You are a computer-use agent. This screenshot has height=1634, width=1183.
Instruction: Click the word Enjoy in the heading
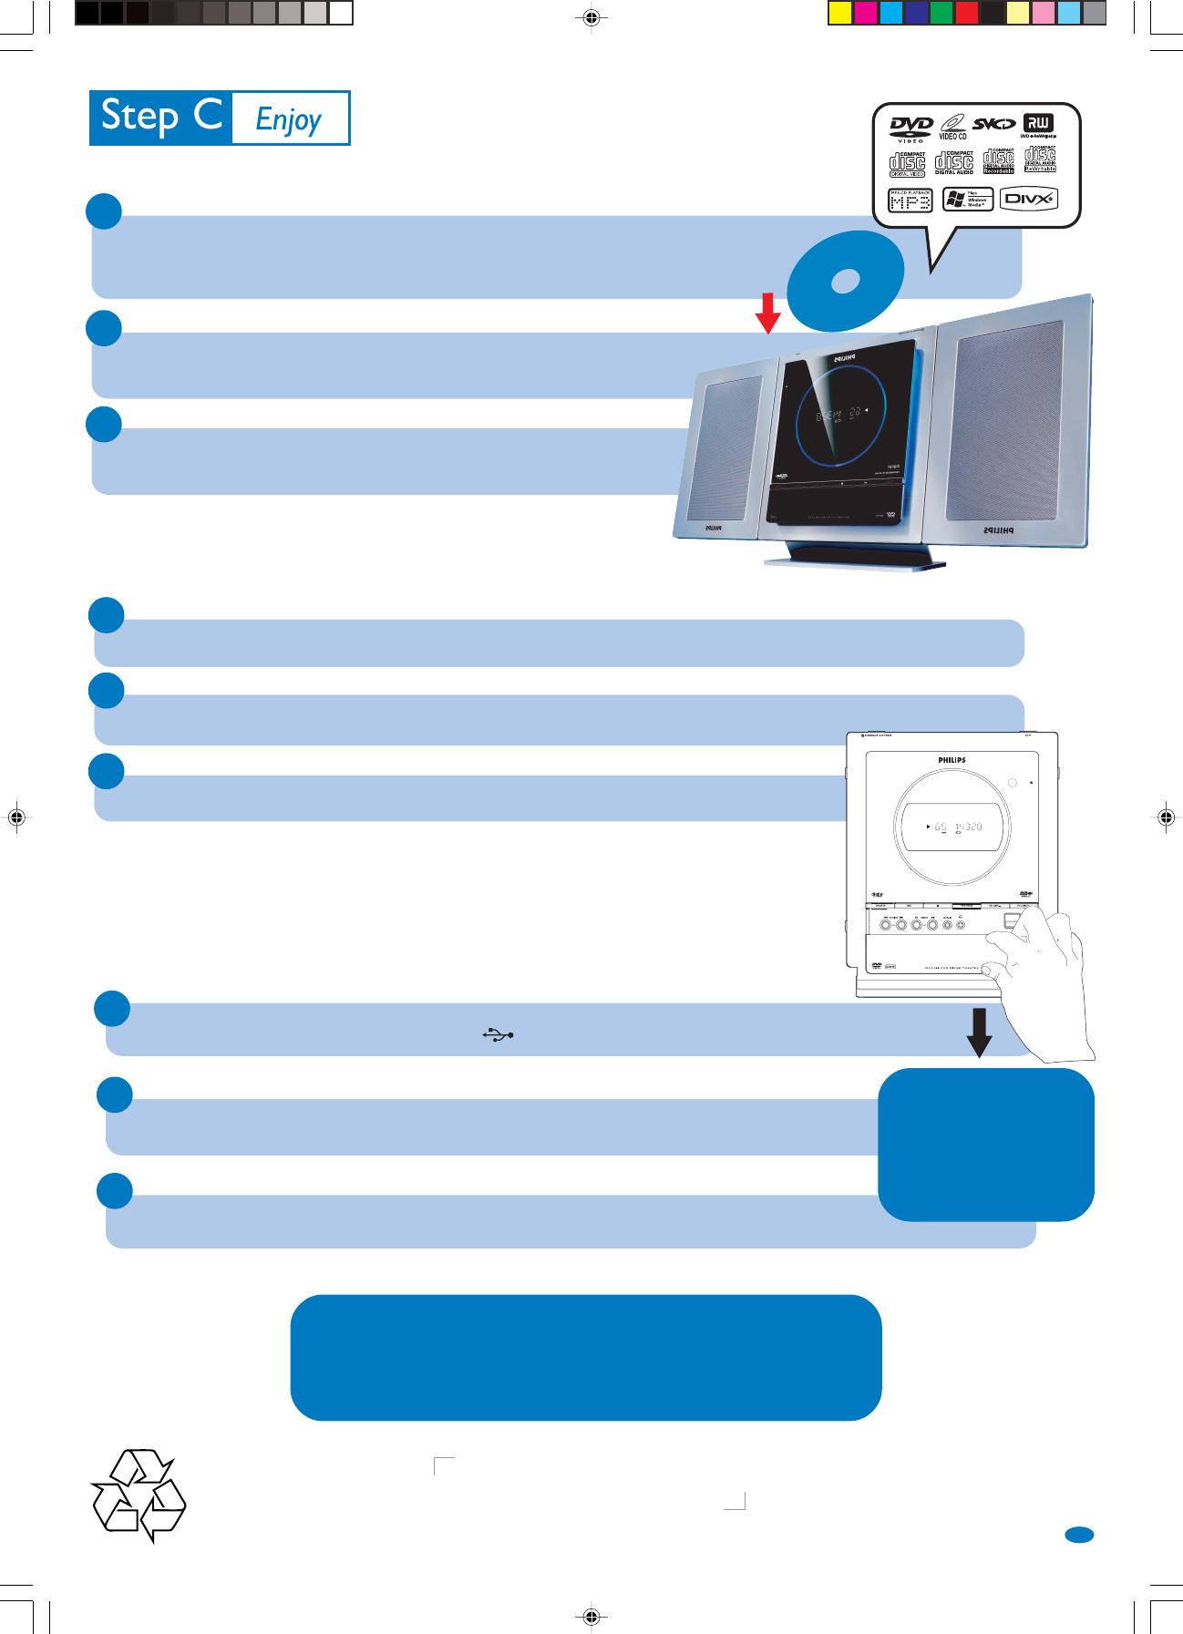pyautogui.click(x=289, y=119)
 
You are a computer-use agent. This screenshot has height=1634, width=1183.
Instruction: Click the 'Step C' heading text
pyautogui.click(x=161, y=117)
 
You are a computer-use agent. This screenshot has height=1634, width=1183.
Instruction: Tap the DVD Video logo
pyautogui.click(x=910, y=128)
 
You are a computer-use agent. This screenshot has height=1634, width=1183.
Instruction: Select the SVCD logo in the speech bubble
pyautogui.click(x=993, y=124)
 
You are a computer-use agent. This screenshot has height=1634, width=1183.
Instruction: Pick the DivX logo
pyautogui.click(x=1028, y=199)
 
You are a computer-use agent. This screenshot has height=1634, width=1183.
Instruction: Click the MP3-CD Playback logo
pyautogui.click(x=910, y=200)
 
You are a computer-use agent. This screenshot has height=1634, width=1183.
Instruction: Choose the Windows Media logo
pyautogui.click(x=967, y=199)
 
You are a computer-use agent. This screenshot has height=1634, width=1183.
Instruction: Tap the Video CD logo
pyautogui.click(x=952, y=126)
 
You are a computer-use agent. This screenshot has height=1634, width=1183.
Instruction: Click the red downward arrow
pyautogui.click(x=768, y=313)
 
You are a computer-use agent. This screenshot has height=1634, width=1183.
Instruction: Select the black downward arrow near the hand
pyautogui.click(x=979, y=1033)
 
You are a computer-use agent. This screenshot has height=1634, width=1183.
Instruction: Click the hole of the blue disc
pyautogui.click(x=846, y=281)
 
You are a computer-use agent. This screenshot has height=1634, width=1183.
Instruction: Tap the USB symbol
pyautogui.click(x=498, y=1034)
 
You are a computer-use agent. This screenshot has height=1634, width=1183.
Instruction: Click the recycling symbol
pyautogui.click(x=139, y=1495)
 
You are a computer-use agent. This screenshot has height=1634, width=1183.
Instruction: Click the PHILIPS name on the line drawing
pyautogui.click(x=952, y=760)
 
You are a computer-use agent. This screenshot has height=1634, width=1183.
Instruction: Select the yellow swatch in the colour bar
pyautogui.click(x=839, y=13)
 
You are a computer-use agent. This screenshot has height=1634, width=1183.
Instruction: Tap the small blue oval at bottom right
pyautogui.click(x=1079, y=1535)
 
